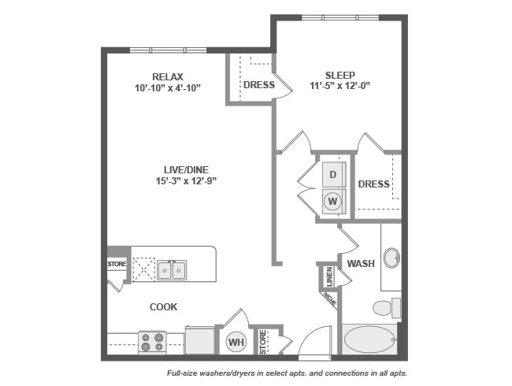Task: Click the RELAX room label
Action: coord(168,76)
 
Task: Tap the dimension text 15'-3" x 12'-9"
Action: coord(187,180)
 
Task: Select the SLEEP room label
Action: coord(340,75)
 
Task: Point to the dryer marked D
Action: coord(332,174)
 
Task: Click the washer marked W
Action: coord(332,201)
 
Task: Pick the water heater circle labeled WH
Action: coord(236,342)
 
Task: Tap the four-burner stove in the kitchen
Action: coord(152,342)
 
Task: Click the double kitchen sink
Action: coord(172,270)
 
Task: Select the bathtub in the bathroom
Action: coord(369,340)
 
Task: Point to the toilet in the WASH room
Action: coord(387,307)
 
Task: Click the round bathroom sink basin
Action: coord(391,258)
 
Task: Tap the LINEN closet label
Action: coord(329,277)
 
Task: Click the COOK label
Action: coord(163,306)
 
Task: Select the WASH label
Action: coord(361,264)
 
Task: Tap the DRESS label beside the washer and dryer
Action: coord(373,184)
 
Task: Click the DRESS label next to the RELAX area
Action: coord(259,85)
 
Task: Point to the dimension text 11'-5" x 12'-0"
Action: coord(340,86)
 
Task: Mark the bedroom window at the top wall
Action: coord(340,17)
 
